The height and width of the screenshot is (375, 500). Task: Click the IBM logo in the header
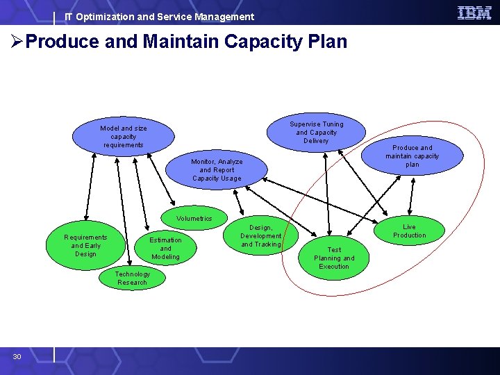point(474,12)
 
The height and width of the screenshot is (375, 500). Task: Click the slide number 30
point(17,356)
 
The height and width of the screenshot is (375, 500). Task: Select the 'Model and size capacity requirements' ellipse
point(124,136)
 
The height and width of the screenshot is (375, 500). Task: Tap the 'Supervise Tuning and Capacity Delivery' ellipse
point(316,133)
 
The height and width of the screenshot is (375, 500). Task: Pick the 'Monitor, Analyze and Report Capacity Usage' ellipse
point(217,170)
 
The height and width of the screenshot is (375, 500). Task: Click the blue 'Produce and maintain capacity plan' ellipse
point(412,156)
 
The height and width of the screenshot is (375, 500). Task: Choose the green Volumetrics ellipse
point(194,219)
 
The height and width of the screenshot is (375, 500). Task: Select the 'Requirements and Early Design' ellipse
point(85,246)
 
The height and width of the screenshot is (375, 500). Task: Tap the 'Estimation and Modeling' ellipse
point(165,249)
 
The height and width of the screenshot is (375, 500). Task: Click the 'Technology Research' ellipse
point(132,278)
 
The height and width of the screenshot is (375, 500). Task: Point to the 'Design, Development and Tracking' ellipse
point(260,236)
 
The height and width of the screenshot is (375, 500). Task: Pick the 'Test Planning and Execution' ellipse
point(334,258)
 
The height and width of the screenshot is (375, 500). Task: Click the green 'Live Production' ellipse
point(409,231)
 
